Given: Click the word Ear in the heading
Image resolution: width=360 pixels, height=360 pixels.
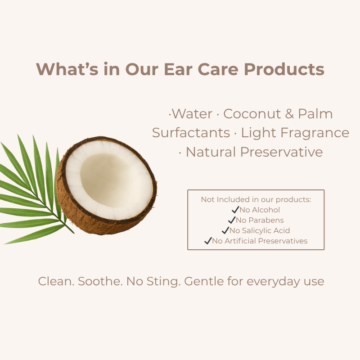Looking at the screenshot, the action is [x=178, y=69].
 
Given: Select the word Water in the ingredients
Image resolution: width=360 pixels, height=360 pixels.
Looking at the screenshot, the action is [x=192, y=114].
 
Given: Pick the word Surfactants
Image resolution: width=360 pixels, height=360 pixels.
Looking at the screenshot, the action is [x=191, y=133].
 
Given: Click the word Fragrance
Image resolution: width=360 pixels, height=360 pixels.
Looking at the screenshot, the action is [x=315, y=133].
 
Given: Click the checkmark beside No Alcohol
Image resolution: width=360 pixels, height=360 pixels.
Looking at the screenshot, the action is [x=235, y=209].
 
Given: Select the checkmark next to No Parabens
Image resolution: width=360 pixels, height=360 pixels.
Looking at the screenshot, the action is [x=232, y=220].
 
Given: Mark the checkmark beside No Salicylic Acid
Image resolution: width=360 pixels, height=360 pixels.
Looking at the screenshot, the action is [x=225, y=230].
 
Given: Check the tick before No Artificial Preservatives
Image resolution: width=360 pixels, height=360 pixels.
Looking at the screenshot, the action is [x=208, y=241].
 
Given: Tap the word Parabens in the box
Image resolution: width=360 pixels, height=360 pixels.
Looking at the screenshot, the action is [x=266, y=220].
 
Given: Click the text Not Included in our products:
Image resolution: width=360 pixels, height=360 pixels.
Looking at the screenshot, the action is [x=256, y=199].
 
